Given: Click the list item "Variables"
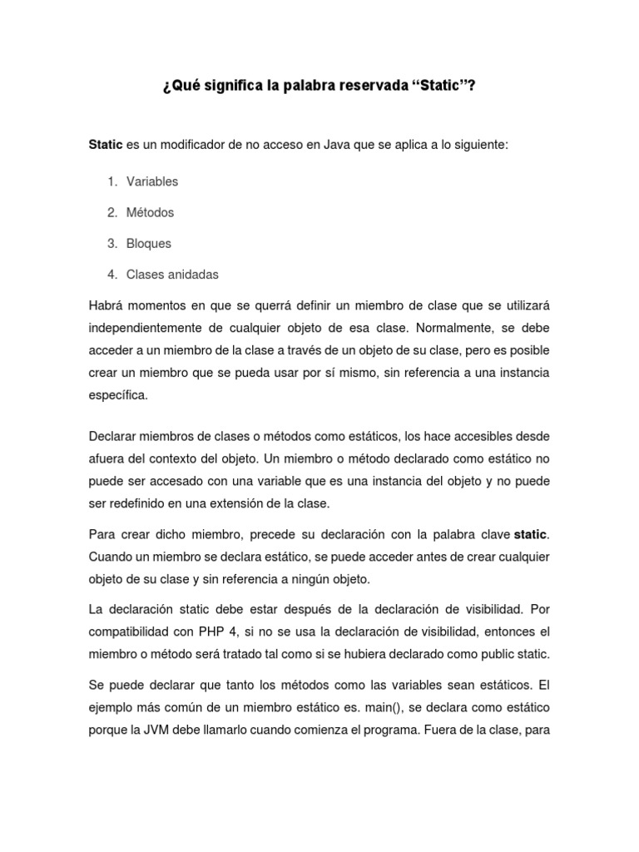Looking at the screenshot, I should click(152, 181).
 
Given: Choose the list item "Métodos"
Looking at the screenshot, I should click(151, 212).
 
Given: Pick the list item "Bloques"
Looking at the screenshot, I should click(149, 244).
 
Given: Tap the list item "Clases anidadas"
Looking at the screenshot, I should click(172, 275).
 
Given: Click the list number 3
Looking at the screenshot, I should click(111, 244).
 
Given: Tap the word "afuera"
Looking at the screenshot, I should click(107, 458).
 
